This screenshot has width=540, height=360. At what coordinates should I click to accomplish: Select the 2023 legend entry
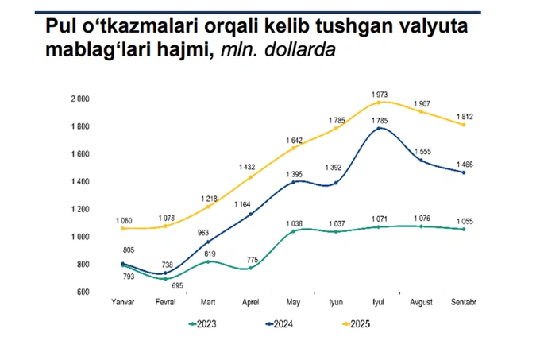click(x=202, y=324)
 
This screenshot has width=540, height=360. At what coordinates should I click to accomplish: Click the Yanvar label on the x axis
click(x=123, y=303)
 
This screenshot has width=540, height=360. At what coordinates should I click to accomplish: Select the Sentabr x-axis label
click(x=464, y=303)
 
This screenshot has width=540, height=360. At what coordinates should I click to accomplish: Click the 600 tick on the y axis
click(x=83, y=292)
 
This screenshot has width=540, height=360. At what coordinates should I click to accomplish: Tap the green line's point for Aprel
click(x=252, y=268)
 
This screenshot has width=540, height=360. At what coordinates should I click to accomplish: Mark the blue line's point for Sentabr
click(x=464, y=172)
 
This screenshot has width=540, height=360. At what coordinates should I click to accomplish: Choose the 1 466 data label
click(x=464, y=163)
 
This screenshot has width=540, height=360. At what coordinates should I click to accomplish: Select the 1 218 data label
click(x=209, y=197)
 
